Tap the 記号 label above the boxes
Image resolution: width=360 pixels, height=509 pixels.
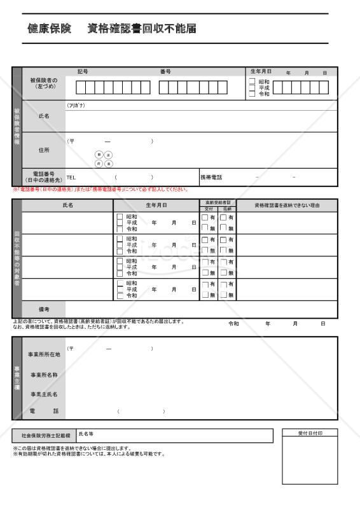[82, 72]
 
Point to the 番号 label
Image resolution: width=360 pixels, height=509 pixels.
[165, 72]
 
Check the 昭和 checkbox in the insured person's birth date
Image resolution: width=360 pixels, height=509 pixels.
[252, 82]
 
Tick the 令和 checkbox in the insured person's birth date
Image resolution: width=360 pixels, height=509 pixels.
[252, 94]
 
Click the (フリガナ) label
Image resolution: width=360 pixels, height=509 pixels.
[76, 106]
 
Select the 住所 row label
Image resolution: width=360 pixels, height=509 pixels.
[43, 150]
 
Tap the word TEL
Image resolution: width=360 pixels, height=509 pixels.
[71, 178]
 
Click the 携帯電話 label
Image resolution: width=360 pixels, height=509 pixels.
[211, 178]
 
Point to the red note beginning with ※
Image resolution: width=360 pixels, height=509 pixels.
[100, 190]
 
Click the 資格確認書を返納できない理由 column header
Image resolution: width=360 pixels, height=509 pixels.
[287, 206]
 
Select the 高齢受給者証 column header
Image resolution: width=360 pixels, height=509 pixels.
[218, 202]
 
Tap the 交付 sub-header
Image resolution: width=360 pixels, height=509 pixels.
[209, 209]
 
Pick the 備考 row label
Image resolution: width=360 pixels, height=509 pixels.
[43, 309]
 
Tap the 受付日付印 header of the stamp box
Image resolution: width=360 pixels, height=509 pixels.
[310, 433]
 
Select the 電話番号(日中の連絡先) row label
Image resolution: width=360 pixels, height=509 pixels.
[43, 177]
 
